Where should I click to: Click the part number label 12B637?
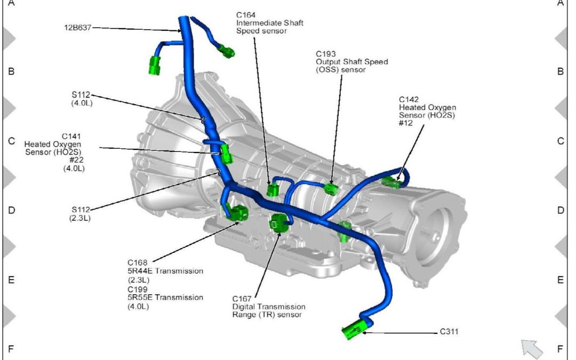tap(78, 27)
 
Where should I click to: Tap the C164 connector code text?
tap(246, 15)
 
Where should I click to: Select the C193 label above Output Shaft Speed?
tap(326, 54)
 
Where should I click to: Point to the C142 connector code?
tap(409, 100)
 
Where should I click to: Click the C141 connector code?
tap(71, 137)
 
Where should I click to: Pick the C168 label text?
tap(138, 262)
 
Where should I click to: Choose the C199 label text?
tap(138, 289)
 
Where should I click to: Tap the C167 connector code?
tap(242, 299)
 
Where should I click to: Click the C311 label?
tap(449, 332)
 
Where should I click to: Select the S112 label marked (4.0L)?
tap(81, 95)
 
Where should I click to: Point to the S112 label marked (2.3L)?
tap(81, 210)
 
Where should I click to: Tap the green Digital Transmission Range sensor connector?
tap(279, 222)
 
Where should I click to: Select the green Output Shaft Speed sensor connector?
tap(331, 189)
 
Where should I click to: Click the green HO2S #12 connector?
tap(390, 182)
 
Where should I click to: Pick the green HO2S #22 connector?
tap(226, 154)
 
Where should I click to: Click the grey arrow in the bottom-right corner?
tap(532, 349)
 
